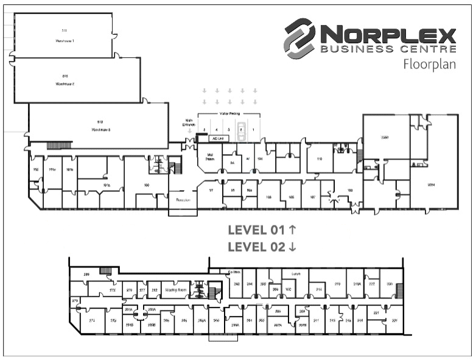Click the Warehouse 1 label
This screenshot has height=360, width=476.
click(64, 40)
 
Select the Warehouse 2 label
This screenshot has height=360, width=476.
click(65, 83)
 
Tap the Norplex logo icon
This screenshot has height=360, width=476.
click(299, 38)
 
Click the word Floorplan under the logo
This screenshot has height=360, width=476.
click(429, 65)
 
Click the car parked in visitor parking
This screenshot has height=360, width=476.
click(241, 130)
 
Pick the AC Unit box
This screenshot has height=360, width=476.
click(217, 138)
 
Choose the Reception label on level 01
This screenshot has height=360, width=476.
click(183, 199)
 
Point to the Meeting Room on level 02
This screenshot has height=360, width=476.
click(176, 290)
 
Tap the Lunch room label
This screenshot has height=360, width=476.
click(296, 274)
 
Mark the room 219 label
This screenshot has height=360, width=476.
click(337, 284)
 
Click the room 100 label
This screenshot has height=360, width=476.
click(146, 184)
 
